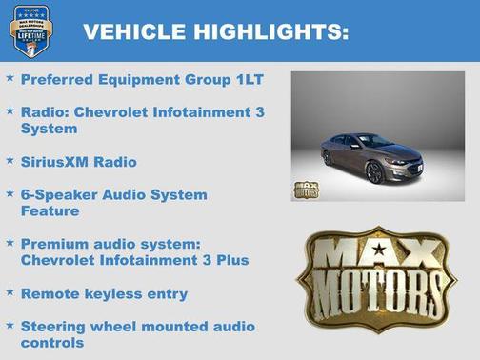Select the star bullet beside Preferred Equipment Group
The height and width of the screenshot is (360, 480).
10,79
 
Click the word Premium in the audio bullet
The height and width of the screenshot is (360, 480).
55,244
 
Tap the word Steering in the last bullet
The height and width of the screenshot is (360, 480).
53,326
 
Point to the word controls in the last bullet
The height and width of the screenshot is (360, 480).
52,342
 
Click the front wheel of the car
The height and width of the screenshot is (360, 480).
373,172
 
